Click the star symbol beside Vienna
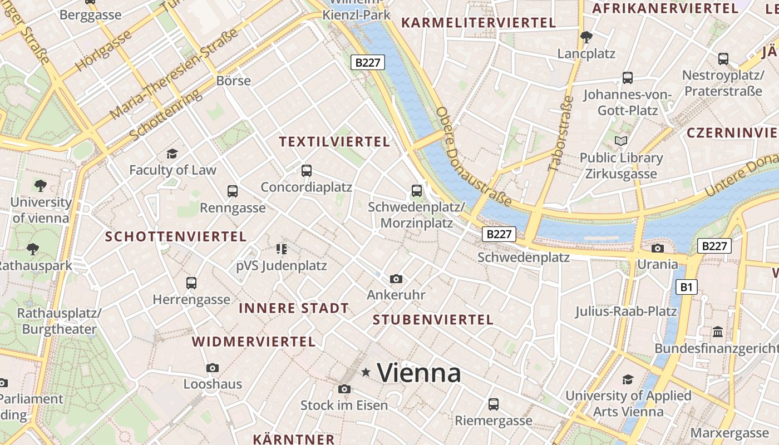click(366, 372)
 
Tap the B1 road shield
click(687, 287)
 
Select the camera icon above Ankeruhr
click(396, 279)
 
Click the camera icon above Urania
click(658, 248)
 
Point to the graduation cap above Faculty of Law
click(172, 154)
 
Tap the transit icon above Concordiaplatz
click(306, 170)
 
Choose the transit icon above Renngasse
click(233, 191)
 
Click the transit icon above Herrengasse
click(191, 283)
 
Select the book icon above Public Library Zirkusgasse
click(621, 141)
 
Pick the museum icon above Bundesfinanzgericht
click(718, 332)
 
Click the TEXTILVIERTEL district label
click(334, 141)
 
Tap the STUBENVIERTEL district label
click(433, 319)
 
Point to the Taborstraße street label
click(561, 133)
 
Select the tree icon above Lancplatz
click(586, 37)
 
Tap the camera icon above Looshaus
click(213, 368)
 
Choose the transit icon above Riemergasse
click(493, 404)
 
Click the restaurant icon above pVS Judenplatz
click(282, 249)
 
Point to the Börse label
click(234, 81)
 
